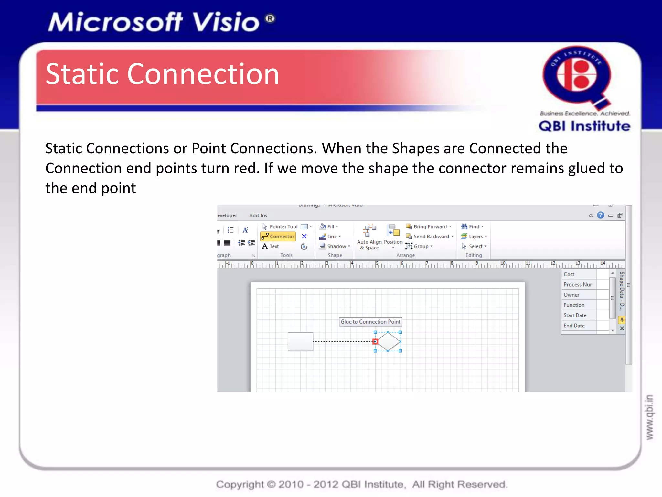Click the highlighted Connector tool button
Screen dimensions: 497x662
coord(278,237)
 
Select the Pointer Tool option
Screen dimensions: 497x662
coord(280,226)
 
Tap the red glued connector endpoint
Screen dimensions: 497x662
coord(375,341)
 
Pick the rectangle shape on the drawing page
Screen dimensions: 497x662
coord(300,341)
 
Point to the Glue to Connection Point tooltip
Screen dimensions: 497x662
coord(370,322)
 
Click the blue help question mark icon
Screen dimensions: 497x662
coord(600,215)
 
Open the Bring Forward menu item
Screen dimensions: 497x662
coord(430,226)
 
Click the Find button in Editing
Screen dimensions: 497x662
coord(472,226)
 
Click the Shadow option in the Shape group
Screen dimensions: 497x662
coord(335,246)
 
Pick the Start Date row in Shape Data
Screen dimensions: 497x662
coord(575,315)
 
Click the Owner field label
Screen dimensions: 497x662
coord(571,295)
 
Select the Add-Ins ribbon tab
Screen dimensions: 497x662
coord(258,215)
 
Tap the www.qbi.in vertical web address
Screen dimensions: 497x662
coord(649,417)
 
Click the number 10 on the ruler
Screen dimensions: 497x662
coord(503,263)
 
